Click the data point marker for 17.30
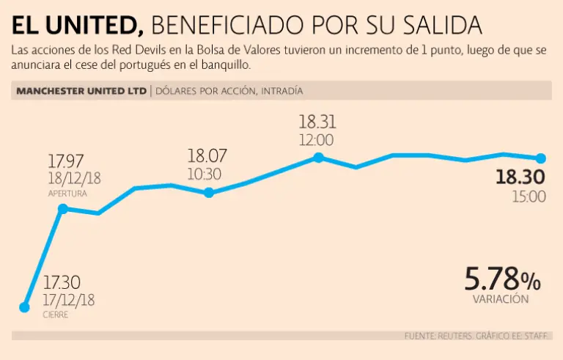tap(24, 307)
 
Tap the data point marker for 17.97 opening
tap(62, 209)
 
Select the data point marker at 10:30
tap(209, 193)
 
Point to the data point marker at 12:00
tap(318, 158)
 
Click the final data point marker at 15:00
tap(541, 158)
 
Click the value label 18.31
tap(317, 122)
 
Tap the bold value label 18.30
tap(520, 177)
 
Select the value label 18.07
tap(207, 155)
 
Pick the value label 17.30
tap(61, 282)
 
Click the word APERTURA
tap(67, 194)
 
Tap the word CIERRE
tap(55, 315)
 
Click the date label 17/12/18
tap(69, 300)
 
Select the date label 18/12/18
tap(74, 179)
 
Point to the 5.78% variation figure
tap(502, 279)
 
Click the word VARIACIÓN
tap(501, 299)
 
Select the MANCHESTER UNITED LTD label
tap(81, 92)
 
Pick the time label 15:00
tap(528, 196)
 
